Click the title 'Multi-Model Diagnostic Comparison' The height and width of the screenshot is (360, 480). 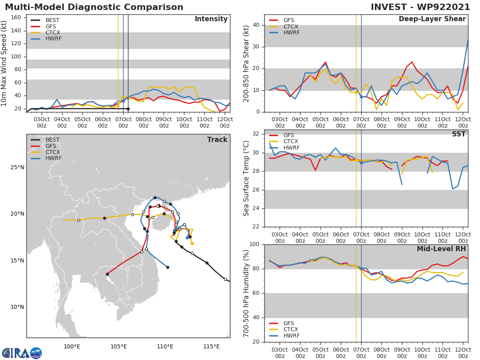pos(94,7)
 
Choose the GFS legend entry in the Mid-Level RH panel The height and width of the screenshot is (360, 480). pos(288,323)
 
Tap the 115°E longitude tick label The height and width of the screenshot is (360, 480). pos(211,346)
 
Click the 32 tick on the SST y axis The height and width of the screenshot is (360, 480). pos(256,134)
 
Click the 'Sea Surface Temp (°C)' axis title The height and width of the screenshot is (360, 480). pos(246,178)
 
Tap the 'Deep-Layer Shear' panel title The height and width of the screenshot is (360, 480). pos(432,19)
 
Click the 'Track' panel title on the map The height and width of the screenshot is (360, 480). pos(217,140)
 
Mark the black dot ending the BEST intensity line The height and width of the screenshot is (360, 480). pos(128,109)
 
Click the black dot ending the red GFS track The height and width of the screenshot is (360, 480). pos(107,274)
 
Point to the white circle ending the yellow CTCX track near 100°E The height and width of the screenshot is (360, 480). pos(78,220)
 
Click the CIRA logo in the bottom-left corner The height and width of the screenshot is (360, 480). pos(22,353)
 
